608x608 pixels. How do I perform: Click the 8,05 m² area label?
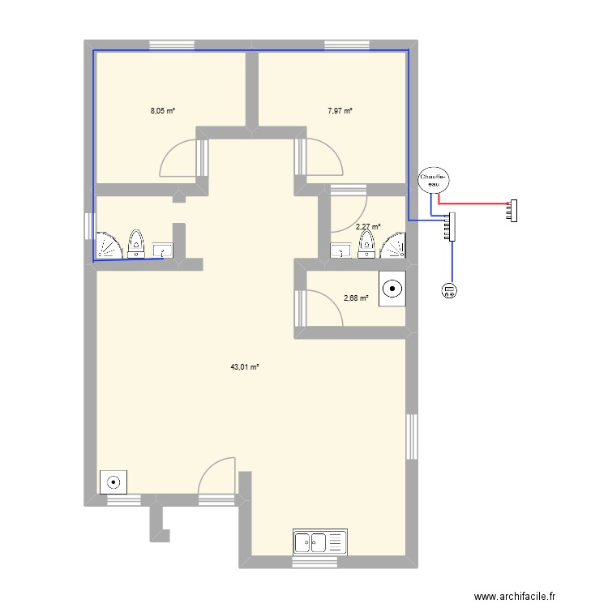[163, 111]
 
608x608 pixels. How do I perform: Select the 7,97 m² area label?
[340, 111]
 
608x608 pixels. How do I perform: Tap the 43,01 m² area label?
[244, 367]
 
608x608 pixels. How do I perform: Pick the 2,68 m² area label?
[356, 298]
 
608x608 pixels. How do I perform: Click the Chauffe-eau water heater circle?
[433, 180]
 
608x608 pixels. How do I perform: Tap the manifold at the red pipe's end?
[512, 211]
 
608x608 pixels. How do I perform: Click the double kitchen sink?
[319, 541]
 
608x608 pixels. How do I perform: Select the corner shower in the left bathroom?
[107, 246]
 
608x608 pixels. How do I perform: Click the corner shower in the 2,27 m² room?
[395, 246]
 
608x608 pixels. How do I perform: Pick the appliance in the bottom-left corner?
[113, 482]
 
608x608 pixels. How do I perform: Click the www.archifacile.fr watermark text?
[516, 597]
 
